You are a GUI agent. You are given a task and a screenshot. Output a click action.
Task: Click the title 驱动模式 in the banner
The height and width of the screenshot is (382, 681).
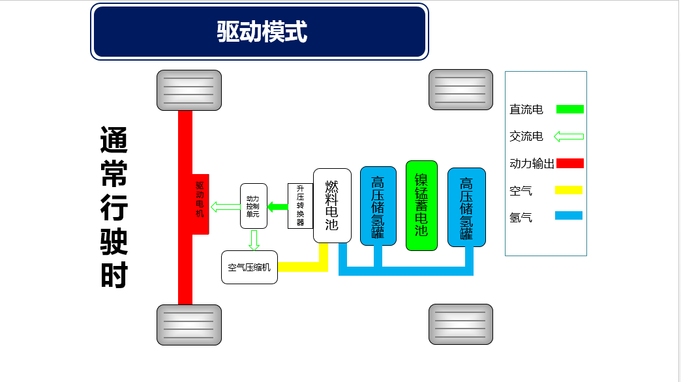pyautogui.click(x=261, y=31)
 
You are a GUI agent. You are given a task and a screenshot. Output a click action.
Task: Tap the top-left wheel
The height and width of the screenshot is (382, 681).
pyautogui.click(x=189, y=90)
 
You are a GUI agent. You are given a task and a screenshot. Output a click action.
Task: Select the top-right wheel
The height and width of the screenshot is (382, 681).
pyautogui.click(x=461, y=90)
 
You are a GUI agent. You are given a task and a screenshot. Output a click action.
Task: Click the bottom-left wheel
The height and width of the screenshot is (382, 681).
pyautogui.click(x=189, y=324)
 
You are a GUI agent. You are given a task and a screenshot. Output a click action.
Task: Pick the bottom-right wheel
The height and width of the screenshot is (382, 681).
pyautogui.click(x=461, y=324)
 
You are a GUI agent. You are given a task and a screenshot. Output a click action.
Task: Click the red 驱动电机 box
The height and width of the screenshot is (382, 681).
pyautogui.click(x=200, y=204)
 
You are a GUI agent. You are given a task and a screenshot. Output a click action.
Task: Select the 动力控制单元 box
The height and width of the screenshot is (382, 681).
pyautogui.click(x=253, y=205)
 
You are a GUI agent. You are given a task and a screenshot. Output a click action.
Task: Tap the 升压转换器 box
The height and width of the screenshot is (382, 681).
pyautogui.click(x=300, y=205)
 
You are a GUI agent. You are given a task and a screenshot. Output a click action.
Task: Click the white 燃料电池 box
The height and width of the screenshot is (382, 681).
pyautogui.click(x=332, y=205)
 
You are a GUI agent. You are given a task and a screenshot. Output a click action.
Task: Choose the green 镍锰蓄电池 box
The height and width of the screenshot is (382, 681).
pyautogui.click(x=421, y=205)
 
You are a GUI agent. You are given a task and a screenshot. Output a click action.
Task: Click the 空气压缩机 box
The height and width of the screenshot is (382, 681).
pyautogui.click(x=249, y=267)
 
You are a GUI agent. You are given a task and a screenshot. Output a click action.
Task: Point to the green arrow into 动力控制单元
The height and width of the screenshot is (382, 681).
pyautogui.click(x=278, y=207)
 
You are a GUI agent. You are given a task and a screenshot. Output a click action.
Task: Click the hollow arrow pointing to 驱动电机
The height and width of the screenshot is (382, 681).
pyautogui.click(x=226, y=207)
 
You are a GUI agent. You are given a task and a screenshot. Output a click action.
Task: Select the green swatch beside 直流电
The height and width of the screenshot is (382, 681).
pyautogui.click(x=569, y=109)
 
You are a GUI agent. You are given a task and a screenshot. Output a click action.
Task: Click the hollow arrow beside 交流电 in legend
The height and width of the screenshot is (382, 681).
pyautogui.click(x=568, y=136)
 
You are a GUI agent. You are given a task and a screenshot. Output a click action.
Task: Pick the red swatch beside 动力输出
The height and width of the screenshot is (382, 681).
pyautogui.click(x=569, y=163)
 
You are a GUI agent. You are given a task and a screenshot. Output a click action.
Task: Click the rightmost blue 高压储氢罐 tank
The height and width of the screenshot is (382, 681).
pyautogui.click(x=466, y=207)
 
